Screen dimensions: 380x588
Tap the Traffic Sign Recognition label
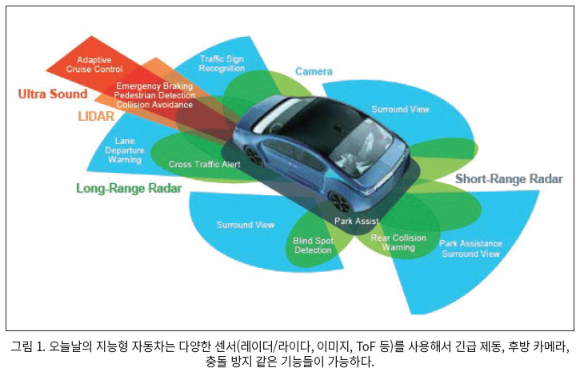pyautogui.click(x=222, y=63)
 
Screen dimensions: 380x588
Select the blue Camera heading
pyautogui.click(x=314, y=72)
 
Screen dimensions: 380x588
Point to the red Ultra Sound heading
pyautogui.click(x=53, y=94)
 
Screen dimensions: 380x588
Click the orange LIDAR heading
pyautogui.click(x=96, y=116)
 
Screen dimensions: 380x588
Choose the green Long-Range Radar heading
pyautogui.click(x=129, y=188)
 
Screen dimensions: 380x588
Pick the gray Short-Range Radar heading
pyautogui.click(x=509, y=178)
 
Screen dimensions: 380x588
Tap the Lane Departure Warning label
pyautogui.click(x=124, y=150)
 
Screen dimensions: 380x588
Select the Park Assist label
pyautogui.click(x=356, y=221)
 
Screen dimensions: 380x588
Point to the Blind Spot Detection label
pyautogui.click(x=312, y=245)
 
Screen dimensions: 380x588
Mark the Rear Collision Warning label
pyautogui.click(x=398, y=242)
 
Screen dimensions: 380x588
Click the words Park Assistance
pyautogui.click(x=470, y=242)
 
